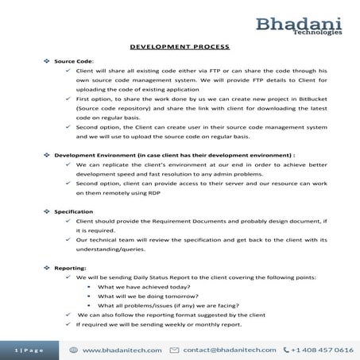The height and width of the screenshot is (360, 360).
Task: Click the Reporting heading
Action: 69,269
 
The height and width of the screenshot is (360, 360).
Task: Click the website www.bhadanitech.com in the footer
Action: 123,350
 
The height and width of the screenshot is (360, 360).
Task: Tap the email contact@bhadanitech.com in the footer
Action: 230,350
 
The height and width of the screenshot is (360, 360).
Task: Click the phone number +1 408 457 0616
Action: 322,350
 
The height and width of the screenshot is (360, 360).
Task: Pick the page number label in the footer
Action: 29,350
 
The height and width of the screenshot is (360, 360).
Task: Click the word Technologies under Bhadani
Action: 318,34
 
